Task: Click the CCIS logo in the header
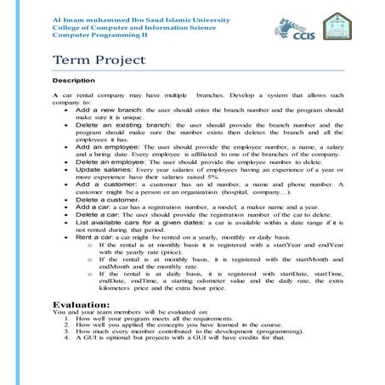click(x=292, y=28)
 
